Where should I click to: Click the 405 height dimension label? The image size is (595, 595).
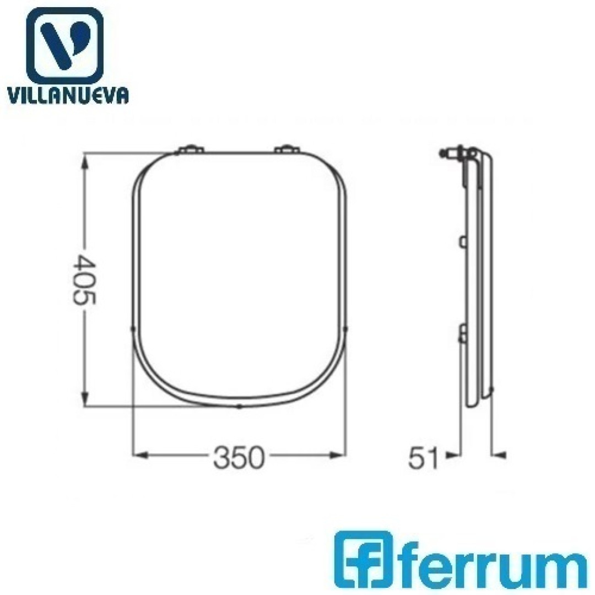(85, 280)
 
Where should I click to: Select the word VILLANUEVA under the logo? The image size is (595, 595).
(68, 95)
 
